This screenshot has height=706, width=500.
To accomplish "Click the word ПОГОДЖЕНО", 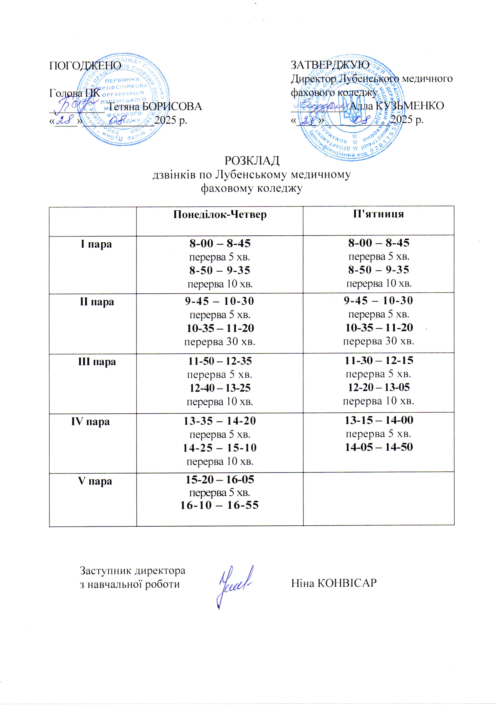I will pyautogui.click(x=85, y=65).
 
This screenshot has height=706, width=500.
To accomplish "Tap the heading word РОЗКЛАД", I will pyautogui.click(x=252, y=160).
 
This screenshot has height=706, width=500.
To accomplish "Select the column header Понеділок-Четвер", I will pyautogui.click(x=220, y=215).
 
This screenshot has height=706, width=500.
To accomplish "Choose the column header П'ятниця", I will pyautogui.click(x=378, y=214).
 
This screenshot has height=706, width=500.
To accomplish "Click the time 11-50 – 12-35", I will pyautogui.click(x=220, y=361).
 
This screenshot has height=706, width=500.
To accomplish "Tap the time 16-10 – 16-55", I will pyautogui.click(x=219, y=505).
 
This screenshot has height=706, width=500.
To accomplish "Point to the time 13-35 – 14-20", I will pyautogui.click(x=220, y=421).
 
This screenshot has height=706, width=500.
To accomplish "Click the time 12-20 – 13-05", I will pyautogui.click(x=379, y=387).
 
